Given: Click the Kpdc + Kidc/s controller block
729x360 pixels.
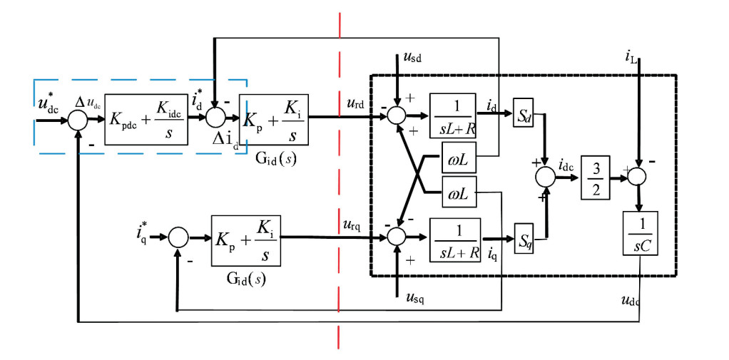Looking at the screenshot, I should click(x=146, y=119).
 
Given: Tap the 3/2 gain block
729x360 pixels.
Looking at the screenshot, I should click(x=594, y=173).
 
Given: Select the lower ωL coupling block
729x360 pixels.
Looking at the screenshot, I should click(x=458, y=192).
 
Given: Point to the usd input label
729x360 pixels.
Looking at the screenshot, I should click(x=412, y=58).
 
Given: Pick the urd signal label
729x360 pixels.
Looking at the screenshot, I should click(x=355, y=103).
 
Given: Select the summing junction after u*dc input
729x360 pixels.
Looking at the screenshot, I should click(x=77, y=119).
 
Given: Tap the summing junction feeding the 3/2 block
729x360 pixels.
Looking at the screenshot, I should click(x=546, y=174).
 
